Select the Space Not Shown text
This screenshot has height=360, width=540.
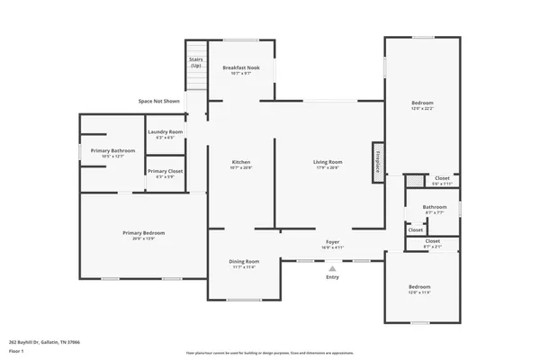click(158, 101)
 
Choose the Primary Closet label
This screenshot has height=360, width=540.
click(165, 171)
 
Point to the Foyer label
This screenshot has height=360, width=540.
click(332, 242)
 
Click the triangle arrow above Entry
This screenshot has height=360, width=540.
click(332, 267)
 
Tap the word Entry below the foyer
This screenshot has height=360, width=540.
click(333, 276)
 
